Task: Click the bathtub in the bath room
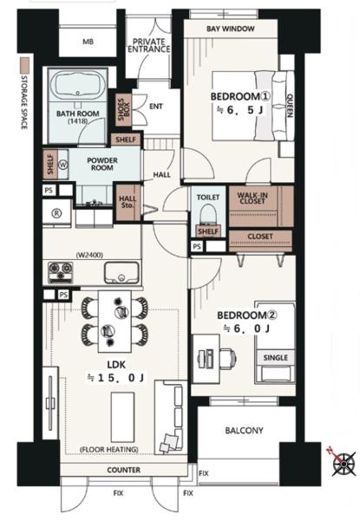pos(78,85)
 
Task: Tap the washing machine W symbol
pos(63,165)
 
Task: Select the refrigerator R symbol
pos(57,214)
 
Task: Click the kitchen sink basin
pos(121,273)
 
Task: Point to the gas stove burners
pos(61,273)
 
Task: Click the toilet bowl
pos(208,214)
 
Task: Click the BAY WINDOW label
pos(231,29)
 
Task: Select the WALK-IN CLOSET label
pos(252,198)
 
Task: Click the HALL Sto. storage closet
pos(128,202)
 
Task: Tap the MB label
pos(88,42)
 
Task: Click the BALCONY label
pos(244,431)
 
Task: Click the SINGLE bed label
pos(275,357)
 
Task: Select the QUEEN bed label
pos(290,106)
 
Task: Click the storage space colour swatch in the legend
pos(24,66)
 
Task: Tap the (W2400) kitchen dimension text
pos(89,256)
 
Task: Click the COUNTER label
pos(123,470)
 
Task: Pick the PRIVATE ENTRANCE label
pos(149,45)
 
